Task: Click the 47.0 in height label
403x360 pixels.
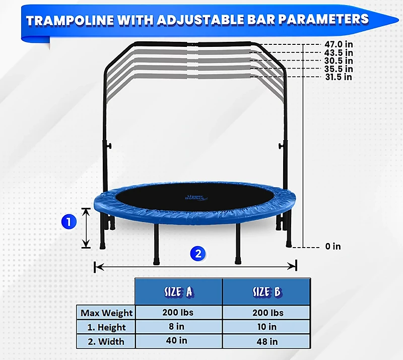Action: coord(338,44)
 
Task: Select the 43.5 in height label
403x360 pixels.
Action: coord(338,52)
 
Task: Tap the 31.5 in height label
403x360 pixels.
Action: coord(338,77)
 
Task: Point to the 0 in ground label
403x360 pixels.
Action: coord(332,247)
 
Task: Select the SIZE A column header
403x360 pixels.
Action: coord(178,291)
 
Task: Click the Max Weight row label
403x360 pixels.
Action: coord(106,313)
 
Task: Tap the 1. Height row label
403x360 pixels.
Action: coord(106,327)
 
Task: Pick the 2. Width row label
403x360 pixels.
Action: coord(106,341)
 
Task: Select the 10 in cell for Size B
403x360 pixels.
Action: coord(265,327)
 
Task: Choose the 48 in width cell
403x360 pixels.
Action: coord(265,341)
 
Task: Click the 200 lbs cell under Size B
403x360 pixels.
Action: coord(265,313)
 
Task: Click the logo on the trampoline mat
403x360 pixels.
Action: coord(194,197)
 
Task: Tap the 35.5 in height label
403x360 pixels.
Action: coord(338,69)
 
